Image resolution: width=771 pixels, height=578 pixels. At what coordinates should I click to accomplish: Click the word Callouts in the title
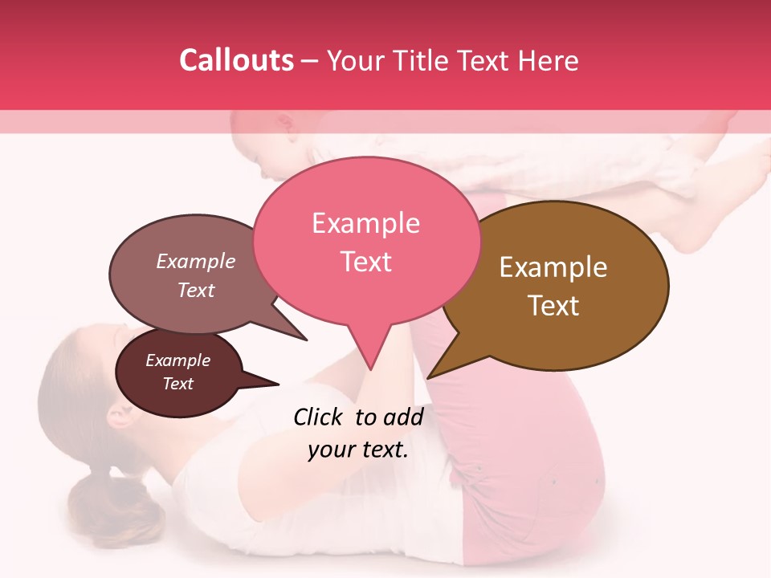236,60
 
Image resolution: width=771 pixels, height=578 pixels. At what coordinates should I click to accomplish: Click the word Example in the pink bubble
365,223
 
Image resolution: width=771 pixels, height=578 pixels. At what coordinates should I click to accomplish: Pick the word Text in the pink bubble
365,261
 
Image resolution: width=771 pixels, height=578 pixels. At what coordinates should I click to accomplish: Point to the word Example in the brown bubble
553,267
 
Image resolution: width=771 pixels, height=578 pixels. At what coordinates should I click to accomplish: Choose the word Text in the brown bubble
553,305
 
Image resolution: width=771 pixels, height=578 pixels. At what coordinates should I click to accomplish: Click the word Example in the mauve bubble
196,261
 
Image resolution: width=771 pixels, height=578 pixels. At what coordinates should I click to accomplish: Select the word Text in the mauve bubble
196,290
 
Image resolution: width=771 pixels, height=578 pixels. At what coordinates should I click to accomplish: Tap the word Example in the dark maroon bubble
177,360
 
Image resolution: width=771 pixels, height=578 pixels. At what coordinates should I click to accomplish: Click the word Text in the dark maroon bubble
177,384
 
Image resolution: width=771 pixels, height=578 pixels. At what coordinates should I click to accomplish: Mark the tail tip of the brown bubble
429,377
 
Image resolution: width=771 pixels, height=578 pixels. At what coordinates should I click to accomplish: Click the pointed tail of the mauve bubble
304,338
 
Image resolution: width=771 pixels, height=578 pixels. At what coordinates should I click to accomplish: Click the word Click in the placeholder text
320,417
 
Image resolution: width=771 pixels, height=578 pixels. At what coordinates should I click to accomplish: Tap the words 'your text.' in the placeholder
358,450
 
